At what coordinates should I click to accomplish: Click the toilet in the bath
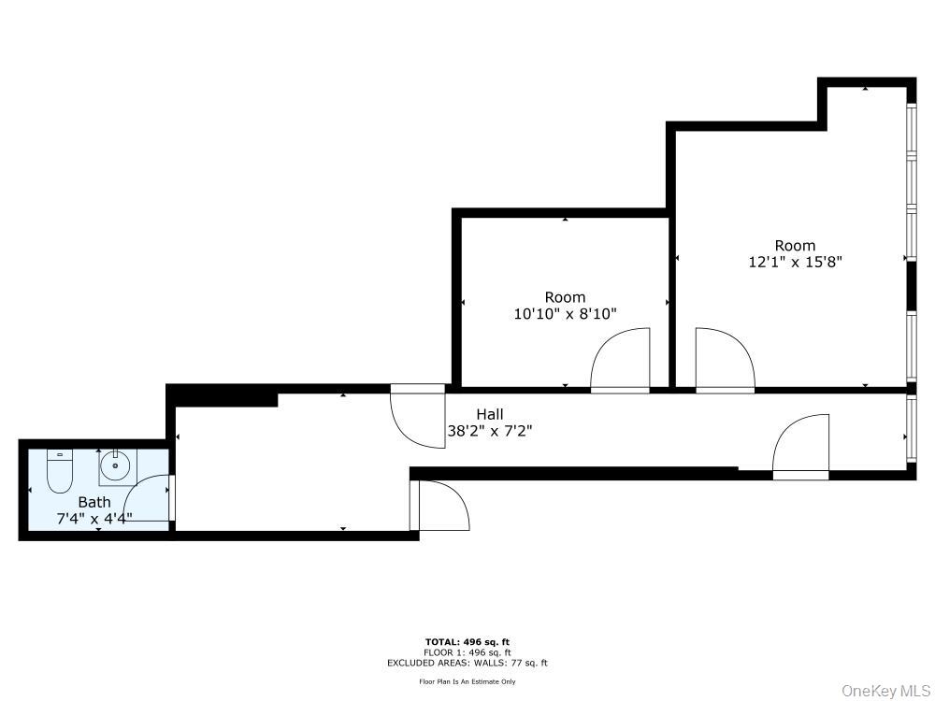coord(59,470)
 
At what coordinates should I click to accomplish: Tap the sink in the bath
coord(116,465)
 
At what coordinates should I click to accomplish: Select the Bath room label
coord(93,502)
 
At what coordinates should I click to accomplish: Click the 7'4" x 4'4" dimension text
coord(93,518)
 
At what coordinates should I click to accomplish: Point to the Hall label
coord(490,414)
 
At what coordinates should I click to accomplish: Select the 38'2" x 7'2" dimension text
coord(490,431)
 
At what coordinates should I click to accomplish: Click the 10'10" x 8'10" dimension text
coord(565,314)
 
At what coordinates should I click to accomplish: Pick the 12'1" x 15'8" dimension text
coord(795,263)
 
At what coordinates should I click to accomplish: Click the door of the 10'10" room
coord(621,360)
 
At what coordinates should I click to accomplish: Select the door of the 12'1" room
coord(725,360)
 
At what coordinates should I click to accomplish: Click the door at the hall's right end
coord(801,447)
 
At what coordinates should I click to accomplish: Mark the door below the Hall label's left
coord(439,506)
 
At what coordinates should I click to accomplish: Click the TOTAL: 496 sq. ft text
coord(467,642)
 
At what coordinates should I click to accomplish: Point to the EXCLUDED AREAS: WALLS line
coord(467,663)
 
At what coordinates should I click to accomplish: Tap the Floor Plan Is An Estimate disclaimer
coord(467,681)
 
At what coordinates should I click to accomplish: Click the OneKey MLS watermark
coord(885,691)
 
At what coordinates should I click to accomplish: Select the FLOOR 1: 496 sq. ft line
coord(467,652)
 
